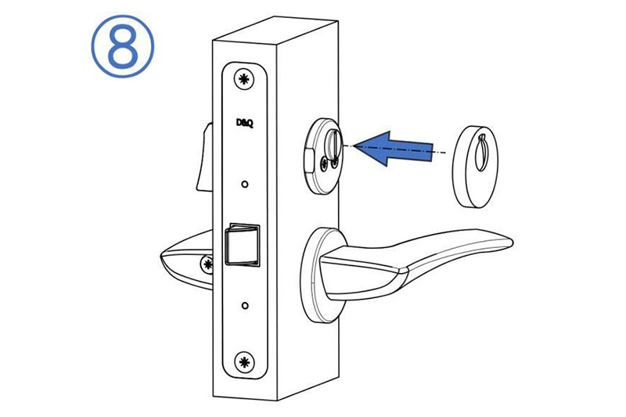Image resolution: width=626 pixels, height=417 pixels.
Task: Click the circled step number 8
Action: pos(123,46)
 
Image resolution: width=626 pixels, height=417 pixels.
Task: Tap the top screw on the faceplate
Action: pos(243,80)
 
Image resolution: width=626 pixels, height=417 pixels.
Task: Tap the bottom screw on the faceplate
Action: pos(243,362)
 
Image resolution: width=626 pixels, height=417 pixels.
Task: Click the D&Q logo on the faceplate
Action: pos(244,124)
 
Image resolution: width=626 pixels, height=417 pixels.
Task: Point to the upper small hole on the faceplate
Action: pos(245,185)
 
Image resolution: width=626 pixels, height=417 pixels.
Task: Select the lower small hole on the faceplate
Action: pos(245,306)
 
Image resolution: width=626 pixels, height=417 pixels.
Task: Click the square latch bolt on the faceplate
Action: pos(242,245)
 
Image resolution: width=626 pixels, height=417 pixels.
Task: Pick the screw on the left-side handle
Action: pos(207,264)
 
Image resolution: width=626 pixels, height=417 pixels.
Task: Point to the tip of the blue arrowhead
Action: pos(354,146)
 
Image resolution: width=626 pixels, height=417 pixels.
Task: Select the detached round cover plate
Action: pos(475,167)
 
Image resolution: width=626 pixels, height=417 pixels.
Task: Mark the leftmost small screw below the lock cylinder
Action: pos(325,164)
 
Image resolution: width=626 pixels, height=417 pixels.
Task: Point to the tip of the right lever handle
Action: pos(513,241)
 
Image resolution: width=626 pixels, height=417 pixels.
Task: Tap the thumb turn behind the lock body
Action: pos(204,156)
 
